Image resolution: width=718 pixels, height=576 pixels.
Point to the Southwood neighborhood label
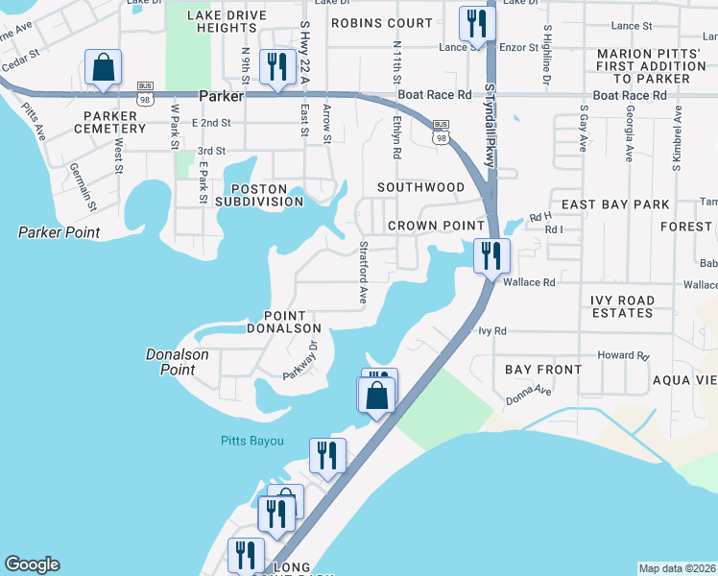(x=420, y=187)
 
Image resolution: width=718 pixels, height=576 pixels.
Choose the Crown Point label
(x=436, y=226)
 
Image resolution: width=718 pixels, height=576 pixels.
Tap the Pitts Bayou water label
(x=249, y=441)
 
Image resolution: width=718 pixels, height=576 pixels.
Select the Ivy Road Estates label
(x=622, y=307)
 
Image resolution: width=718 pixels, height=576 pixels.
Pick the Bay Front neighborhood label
(x=543, y=370)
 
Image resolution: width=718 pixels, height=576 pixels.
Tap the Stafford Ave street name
(x=364, y=273)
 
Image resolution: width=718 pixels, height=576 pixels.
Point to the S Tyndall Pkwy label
(x=490, y=125)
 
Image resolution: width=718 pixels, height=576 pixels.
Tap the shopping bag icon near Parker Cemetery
(x=103, y=68)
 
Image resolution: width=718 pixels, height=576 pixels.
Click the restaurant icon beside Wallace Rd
(x=491, y=256)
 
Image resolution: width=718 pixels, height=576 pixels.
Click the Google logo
(x=32, y=564)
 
